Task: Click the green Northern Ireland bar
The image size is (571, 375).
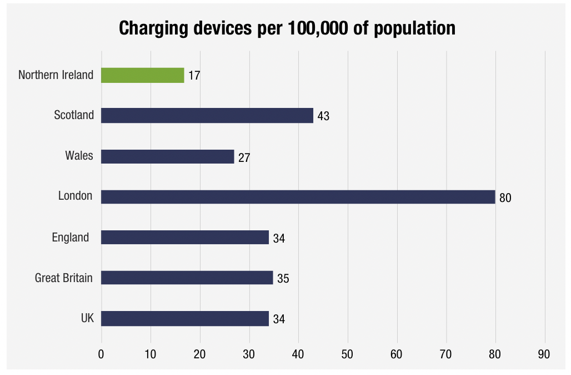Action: click(142, 75)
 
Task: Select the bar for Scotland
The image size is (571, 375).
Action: click(207, 116)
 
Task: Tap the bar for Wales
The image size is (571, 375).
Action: click(167, 156)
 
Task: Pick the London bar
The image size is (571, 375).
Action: click(298, 197)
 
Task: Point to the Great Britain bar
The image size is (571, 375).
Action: click(187, 278)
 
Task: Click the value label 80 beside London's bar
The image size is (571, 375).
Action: click(505, 198)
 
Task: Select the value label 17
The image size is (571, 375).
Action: click(194, 76)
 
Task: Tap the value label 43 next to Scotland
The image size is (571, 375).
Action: click(323, 117)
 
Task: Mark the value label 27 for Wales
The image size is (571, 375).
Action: click(244, 157)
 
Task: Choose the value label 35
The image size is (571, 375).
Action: click(283, 279)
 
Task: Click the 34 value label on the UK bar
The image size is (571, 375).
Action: click(279, 319)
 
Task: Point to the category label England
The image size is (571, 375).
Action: click(71, 238)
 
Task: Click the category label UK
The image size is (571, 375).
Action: click(87, 318)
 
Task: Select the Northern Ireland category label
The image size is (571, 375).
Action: click(56, 75)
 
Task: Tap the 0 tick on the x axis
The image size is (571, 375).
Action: click(101, 354)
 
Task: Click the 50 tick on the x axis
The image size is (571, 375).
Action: click(347, 354)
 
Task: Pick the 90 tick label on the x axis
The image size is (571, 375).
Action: click(544, 354)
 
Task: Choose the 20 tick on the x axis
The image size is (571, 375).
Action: click(199, 354)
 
